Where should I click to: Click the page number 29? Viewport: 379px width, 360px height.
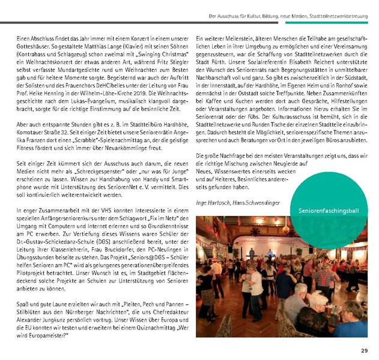[x=364, y=351]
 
